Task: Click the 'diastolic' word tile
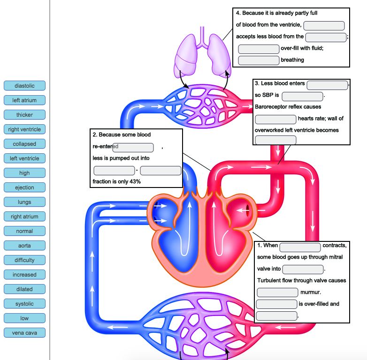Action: [24, 86]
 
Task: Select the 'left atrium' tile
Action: [24, 100]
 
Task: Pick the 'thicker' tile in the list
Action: [24, 115]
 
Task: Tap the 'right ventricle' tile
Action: [24, 129]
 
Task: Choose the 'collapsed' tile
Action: [24, 144]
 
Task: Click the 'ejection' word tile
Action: [24, 187]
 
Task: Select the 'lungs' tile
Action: [24, 202]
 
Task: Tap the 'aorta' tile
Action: [24, 246]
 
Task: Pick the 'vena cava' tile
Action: [24, 333]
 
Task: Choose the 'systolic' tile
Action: [24, 304]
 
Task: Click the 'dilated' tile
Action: [24, 289]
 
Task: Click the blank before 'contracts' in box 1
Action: [300, 246]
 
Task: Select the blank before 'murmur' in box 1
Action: [277, 292]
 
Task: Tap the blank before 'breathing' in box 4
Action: [259, 60]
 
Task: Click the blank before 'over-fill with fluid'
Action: [259, 49]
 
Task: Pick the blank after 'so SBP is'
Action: [302, 96]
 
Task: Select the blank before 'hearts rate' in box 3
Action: [275, 119]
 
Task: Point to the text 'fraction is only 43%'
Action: [117, 181]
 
